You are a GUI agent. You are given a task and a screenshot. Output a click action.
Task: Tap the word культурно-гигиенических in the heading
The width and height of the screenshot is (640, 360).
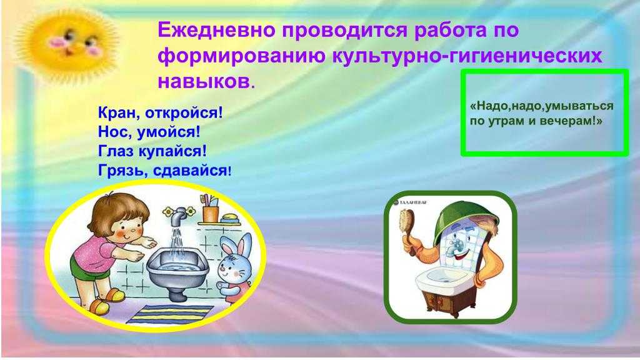pos(467,56)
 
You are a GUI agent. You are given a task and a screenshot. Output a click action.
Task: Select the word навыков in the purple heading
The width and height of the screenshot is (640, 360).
pos(203,81)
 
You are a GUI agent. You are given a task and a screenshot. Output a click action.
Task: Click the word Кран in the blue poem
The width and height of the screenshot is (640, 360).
pos(117,113)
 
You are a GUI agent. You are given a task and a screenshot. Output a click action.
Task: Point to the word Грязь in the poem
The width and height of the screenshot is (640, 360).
pos(122,170)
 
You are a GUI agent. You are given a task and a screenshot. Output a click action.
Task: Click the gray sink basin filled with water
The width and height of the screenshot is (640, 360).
pos(177,265)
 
